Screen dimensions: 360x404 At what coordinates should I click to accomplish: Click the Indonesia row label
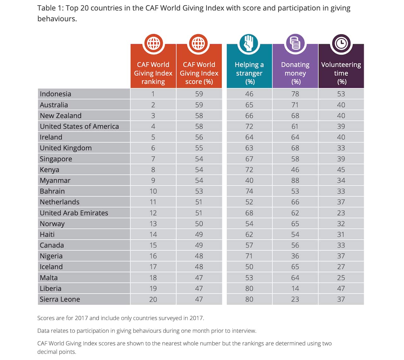pyautogui.click(x=56, y=94)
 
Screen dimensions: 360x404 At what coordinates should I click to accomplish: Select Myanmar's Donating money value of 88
pyautogui.click(x=295, y=180)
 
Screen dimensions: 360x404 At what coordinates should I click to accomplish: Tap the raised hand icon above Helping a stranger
pyautogui.click(x=249, y=43)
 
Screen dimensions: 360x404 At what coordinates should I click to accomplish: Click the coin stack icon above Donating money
pyautogui.click(x=295, y=43)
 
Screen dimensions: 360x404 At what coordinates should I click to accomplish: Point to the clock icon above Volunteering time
pyautogui.click(x=341, y=43)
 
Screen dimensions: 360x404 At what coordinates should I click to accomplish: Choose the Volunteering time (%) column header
pyautogui.click(x=341, y=73)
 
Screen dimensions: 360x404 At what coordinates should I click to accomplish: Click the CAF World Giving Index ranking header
pyautogui.click(x=153, y=73)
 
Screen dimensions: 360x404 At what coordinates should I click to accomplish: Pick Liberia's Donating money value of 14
pyautogui.click(x=295, y=288)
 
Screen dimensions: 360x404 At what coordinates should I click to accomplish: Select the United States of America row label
pyautogui.click(x=79, y=126)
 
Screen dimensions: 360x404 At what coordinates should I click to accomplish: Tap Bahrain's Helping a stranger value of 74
pyautogui.click(x=249, y=191)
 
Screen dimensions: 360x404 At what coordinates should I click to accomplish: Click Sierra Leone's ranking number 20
pyautogui.click(x=153, y=299)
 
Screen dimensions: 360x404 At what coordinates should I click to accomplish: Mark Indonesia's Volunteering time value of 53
pyautogui.click(x=341, y=94)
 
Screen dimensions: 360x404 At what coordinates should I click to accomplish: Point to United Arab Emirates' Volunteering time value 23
pyautogui.click(x=341, y=213)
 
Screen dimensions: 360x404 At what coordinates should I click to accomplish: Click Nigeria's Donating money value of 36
pyautogui.click(x=295, y=256)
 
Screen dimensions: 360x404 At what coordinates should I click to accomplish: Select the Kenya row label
pyautogui.click(x=50, y=170)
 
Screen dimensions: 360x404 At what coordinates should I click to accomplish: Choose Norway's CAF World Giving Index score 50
pyautogui.click(x=199, y=224)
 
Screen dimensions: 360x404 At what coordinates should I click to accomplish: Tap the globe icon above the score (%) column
pyautogui.click(x=199, y=43)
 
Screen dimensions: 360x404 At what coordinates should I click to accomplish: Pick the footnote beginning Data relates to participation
pyautogui.click(x=147, y=331)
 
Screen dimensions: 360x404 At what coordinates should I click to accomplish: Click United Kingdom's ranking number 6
pyautogui.click(x=153, y=148)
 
